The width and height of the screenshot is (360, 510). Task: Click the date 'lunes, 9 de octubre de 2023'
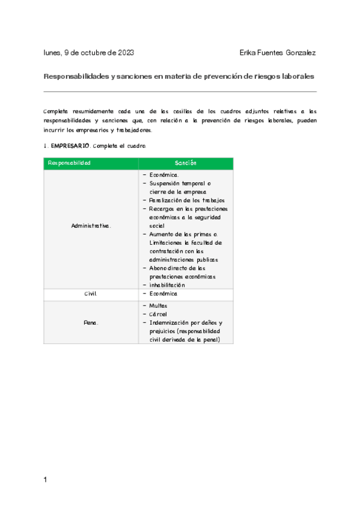coord(89,52)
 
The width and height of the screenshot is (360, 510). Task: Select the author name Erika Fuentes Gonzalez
coord(278,52)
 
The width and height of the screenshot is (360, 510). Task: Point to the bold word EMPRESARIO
coord(70,146)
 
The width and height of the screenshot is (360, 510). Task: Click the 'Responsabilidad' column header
coord(69,163)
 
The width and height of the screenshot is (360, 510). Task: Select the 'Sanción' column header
coord(186,163)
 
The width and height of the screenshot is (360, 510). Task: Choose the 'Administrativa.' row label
coord(91,226)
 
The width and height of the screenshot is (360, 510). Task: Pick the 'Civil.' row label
coord(91,293)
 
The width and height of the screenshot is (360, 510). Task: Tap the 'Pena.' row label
coord(91,323)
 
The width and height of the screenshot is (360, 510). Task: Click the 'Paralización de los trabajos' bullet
coord(187,200)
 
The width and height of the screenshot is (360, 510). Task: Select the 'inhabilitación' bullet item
coord(167,285)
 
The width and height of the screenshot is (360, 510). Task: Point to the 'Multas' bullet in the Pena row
coord(159,306)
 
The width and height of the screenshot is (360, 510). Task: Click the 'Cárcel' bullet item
coord(158,315)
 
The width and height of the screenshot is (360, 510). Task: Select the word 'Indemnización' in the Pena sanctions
coord(171,323)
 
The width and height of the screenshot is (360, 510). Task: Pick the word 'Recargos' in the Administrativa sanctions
coord(162,209)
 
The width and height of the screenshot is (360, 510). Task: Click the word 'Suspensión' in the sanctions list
coord(166,183)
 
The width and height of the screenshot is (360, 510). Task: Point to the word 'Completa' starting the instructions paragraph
coord(56,111)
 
